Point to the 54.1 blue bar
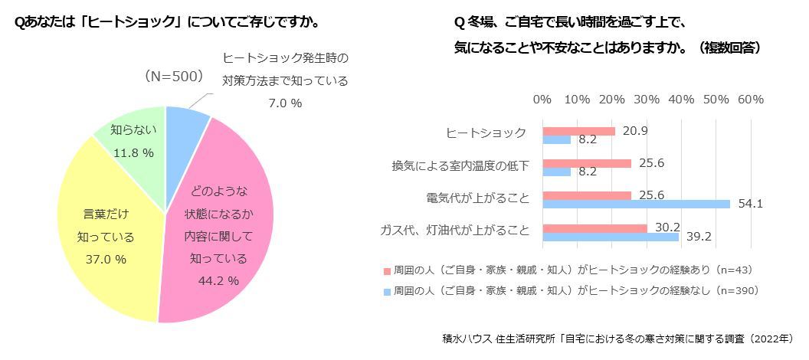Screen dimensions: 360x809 (x=636, y=204)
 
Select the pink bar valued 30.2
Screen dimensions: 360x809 (x=594, y=227)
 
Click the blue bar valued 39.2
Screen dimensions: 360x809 (x=611, y=237)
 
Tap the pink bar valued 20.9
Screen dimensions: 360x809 (x=578, y=131)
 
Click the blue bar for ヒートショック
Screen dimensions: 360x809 (x=556, y=139)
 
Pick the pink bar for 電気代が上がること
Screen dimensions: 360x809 (x=587, y=195)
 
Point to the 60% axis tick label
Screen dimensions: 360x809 (x=751, y=100)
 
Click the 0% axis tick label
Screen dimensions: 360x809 (x=542, y=100)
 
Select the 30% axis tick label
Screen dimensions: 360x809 (x=647, y=100)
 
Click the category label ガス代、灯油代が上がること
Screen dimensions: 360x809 (x=454, y=229)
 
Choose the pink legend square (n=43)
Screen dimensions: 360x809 (x=387, y=271)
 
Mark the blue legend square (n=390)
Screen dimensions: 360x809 (x=387, y=291)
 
